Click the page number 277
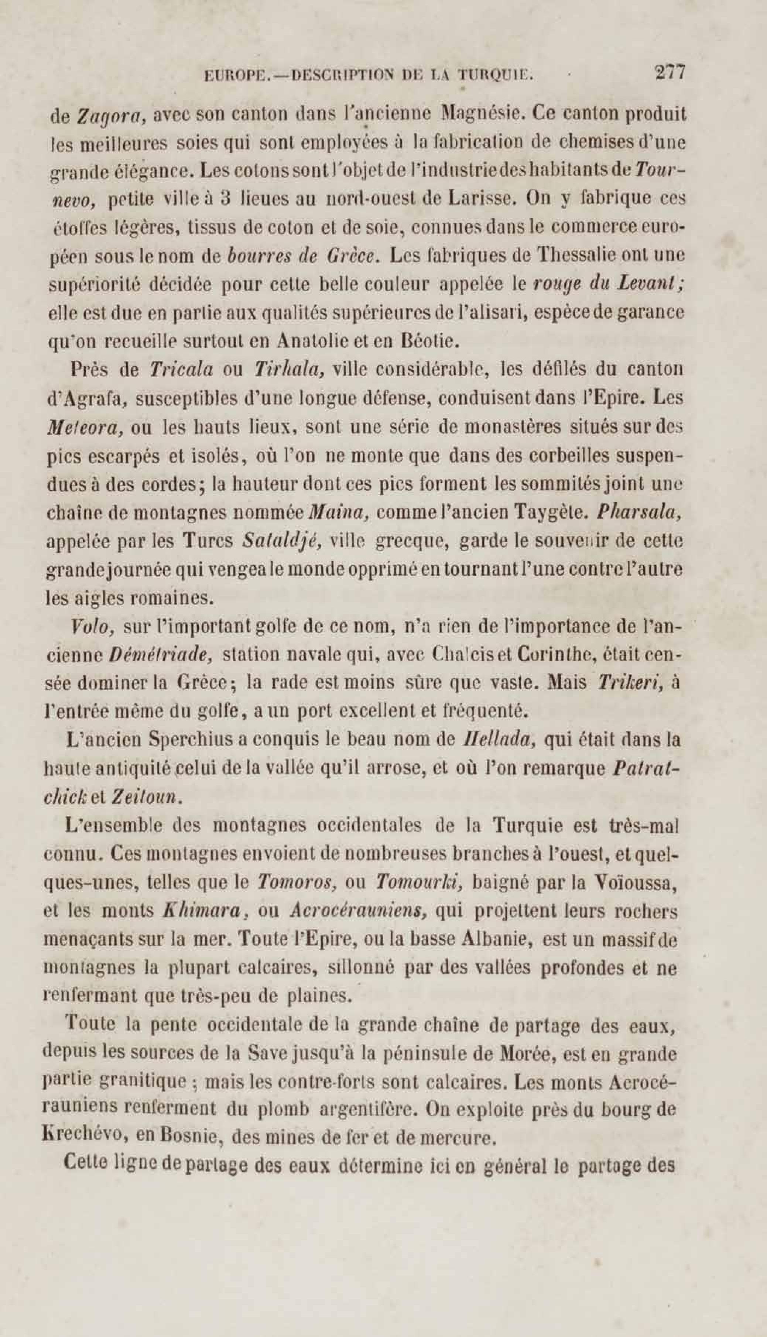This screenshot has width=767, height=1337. (x=670, y=72)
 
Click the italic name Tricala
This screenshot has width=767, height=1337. (x=180, y=370)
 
